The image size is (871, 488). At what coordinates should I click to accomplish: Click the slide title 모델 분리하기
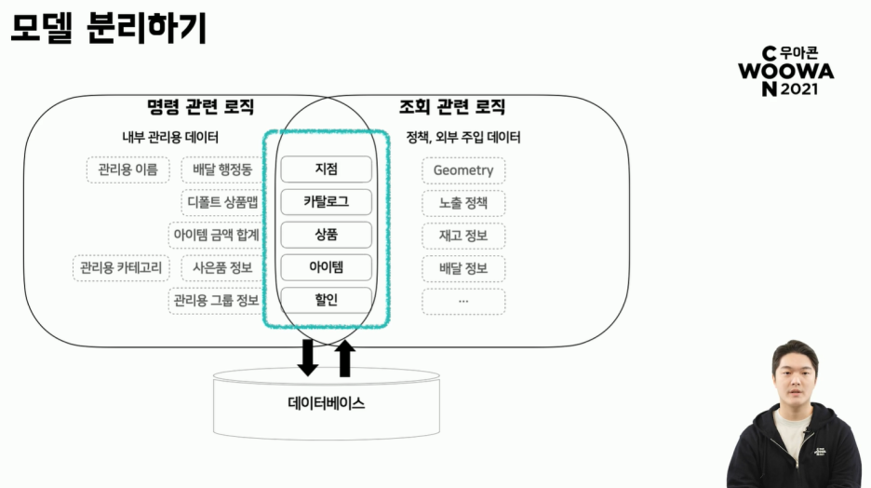pos(108,27)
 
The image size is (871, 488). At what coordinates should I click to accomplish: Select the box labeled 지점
pos(326,169)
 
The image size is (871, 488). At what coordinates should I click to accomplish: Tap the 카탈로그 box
pos(326,201)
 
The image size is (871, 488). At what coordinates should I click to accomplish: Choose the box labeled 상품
pos(326,235)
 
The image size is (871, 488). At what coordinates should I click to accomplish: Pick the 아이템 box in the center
pos(326,268)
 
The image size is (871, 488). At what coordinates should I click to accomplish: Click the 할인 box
pos(326,300)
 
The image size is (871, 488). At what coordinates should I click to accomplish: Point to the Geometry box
pos(463,170)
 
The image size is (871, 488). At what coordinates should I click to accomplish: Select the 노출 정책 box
pos(463,202)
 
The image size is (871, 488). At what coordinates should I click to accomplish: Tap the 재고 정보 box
pos(463,236)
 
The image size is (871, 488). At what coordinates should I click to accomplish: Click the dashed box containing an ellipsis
pos(463,301)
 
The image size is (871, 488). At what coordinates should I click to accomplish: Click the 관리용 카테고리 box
pos(121,269)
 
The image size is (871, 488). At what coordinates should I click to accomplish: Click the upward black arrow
pos(345,359)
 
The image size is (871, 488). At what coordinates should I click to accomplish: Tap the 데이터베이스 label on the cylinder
pos(326,403)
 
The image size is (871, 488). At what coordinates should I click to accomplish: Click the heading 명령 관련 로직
pos(200,107)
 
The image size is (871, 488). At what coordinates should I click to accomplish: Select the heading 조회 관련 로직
pos(452,107)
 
